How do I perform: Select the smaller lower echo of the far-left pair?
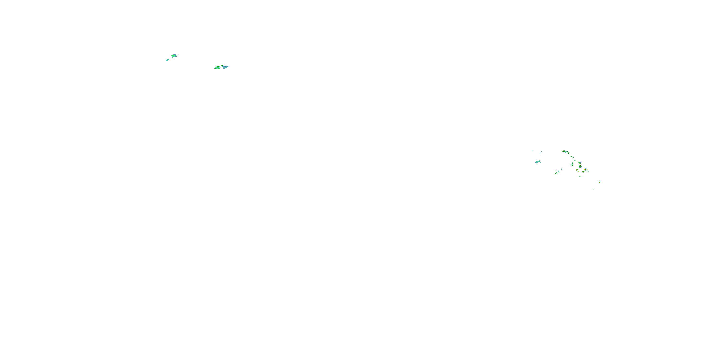(x=168, y=60)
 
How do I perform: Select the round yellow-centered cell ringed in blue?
(x=580, y=166)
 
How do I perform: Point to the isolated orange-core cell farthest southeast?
(x=600, y=182)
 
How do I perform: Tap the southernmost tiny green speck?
(x=594, y=189)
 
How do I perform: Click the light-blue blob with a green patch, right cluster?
(x=538, y=162)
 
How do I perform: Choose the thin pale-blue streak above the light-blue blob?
(x=541, y=153)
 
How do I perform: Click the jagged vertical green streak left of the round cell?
(x=572, y=165)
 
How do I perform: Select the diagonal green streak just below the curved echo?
(x=572, y=157)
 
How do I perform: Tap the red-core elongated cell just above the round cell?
(x=579, y=163)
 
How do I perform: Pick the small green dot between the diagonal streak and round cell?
(x=575, y=160)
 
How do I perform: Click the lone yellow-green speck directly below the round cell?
(x=580, y=176)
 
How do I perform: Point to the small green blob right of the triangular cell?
(x=588, y=171)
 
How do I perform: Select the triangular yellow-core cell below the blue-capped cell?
(x=583, y=172)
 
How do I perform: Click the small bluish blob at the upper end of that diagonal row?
(x=562, y=169)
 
